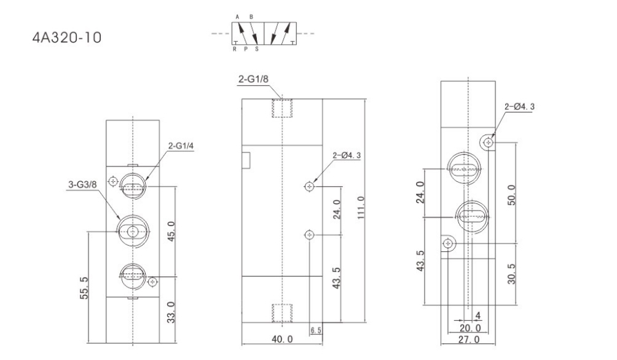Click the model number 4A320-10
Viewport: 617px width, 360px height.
pyautogui.click(x=67, y=37)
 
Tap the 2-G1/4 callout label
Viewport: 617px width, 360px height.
pyautogui.click(x=181, y=146)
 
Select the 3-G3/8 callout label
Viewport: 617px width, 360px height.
pyautogui.click(x=82, y=184)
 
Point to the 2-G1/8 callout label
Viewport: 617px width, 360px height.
pyautogui.click(x=253, y=79)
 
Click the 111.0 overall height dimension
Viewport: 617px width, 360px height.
pyautogui.click(x=361, y=208)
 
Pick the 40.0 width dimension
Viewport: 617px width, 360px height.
pyautogui.click(x=283, y=338)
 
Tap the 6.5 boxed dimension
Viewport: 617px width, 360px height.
pyautogui.click(x=316, y=331)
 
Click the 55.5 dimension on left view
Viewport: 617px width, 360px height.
pyautogui.click(x=84, y=288)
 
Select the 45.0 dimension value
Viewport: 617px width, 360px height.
pyautogui.click(x=171, y=232)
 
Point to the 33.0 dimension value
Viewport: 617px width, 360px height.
pyautogui.click(x=170, y=313)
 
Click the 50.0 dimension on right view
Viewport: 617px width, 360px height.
pyautogui.click(x=511, y=195)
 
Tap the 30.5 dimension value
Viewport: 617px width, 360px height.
pyautogui.click(x=511, y=274)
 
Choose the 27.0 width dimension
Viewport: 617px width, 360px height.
pyautogui.click(x=469, y=339)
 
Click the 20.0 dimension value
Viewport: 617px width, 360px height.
pyautogui.click(x=470, y=327)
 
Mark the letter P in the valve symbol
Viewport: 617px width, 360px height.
pyautogui.click(x=246, y=49)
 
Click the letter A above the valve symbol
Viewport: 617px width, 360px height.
pyautogui.click(x=237, y=17)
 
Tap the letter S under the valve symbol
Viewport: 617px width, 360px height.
pyautogui.click(x=257, y=49)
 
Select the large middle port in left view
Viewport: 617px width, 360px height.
pyautogui.click(x=133, y=232)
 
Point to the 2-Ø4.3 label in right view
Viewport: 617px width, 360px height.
pyautogui.click(x=519, y=107)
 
